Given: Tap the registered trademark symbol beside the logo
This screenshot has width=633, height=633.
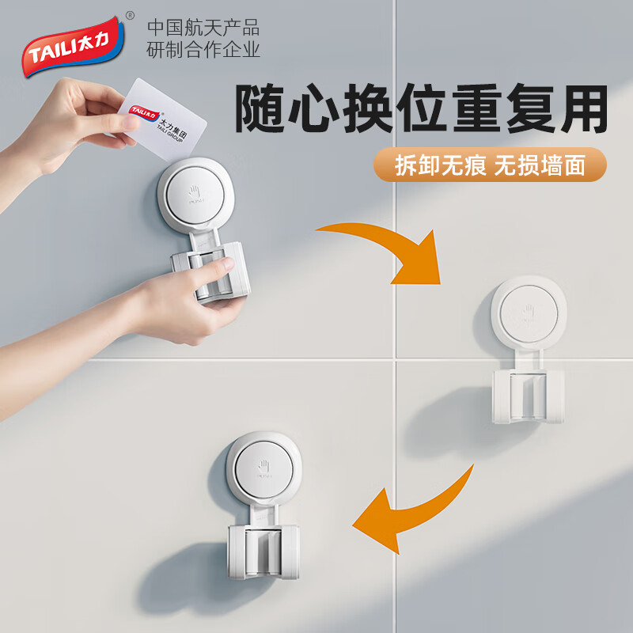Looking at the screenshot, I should pos(130,16).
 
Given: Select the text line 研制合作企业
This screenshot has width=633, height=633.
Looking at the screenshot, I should pos(203,51).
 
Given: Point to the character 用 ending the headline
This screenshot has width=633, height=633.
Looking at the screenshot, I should pos(582,109).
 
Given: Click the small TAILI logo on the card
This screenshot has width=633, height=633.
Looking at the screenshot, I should pos(143,110).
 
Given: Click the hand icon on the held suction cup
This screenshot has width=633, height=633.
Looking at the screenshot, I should pos(197,193).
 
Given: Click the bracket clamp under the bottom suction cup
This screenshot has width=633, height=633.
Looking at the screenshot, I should pos(260,553).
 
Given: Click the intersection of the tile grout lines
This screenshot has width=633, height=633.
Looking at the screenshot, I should pos(393,359).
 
